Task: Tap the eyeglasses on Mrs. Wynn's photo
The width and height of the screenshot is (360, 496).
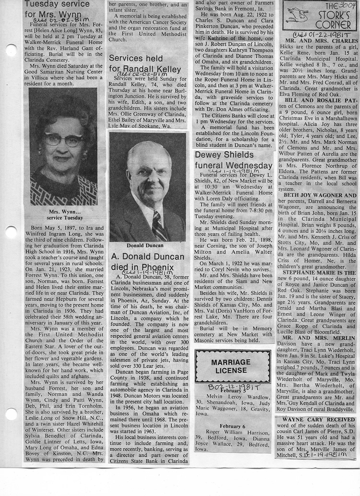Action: (63, 140)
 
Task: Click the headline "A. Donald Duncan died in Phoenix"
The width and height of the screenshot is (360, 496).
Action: (147, 262)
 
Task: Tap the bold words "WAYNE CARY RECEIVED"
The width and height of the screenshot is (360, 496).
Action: (315, 420)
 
